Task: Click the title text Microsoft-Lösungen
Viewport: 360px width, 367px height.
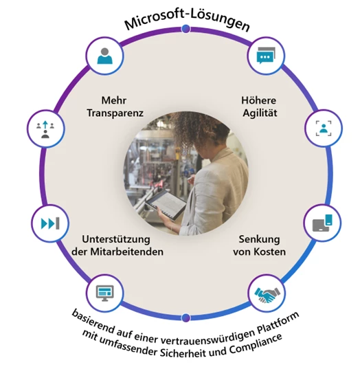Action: pyautogui.click(x=187, y=21)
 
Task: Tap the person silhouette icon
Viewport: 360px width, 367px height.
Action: pyautogui.click(x=105, y=56)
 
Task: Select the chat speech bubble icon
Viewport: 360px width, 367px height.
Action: pyautogui.click(x=266, y=56)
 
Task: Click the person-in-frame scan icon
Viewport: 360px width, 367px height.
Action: pyautogui.click(x=324, y=129)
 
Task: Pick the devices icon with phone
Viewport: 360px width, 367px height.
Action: pyautogui.click(x=322, y=223)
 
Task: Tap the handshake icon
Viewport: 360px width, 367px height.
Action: pyautogui.click(x=267, y=294)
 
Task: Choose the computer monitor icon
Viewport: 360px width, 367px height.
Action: pyautogui.click(x=105, y=293)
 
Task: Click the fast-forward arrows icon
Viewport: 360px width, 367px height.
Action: pyautogui.click(x=50, y=223)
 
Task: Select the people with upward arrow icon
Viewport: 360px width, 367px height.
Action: pyautogui.click(x=45, y=129)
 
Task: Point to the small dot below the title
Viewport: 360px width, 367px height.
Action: pyautogui.click(x=185, y=29)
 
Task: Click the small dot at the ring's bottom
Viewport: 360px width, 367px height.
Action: pyautogui.click(x=185, y=318)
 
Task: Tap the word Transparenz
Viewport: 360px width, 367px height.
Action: pyautogui.click(x=115, y=113)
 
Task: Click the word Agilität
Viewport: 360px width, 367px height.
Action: pyautogui.click(x=260, y=113)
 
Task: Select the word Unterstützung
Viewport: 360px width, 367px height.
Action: pyautogui.click(x=116, y=240)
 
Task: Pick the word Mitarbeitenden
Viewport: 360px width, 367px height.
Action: pyautogui.click(x=127, y=252)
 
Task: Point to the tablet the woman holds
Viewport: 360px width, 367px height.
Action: pyautogui.click(x=166, y=205)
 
